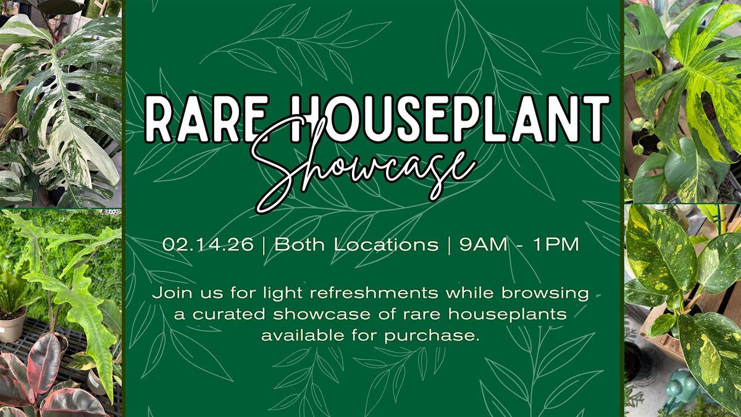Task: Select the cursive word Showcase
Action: [x=362, y=166]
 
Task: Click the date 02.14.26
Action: [x=208, y=245]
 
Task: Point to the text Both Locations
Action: [x=356, y=245]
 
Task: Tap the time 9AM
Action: [x=484, y=245]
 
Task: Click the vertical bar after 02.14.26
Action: [x=264, y=245]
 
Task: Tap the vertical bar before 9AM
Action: [x=449, y=245]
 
